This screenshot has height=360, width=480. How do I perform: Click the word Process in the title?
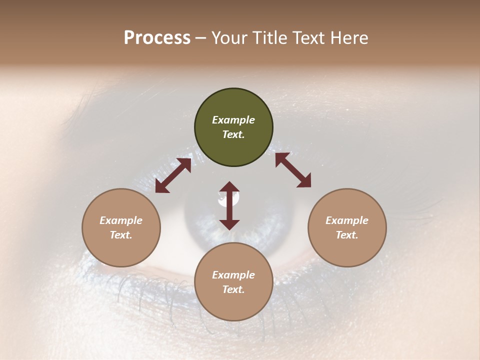157,38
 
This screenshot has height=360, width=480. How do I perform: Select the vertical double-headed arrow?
229,205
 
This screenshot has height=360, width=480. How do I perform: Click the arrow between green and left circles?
173,175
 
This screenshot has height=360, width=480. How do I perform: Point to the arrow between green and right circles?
293,170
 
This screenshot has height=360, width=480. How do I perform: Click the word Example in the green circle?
233,120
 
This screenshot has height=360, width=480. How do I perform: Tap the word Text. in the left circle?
121,235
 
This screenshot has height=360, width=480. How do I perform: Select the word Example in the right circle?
347,220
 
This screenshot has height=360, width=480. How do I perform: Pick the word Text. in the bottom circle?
233,289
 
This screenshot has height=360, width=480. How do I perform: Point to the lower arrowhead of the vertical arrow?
229,224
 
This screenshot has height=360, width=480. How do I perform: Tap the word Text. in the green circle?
233,134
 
